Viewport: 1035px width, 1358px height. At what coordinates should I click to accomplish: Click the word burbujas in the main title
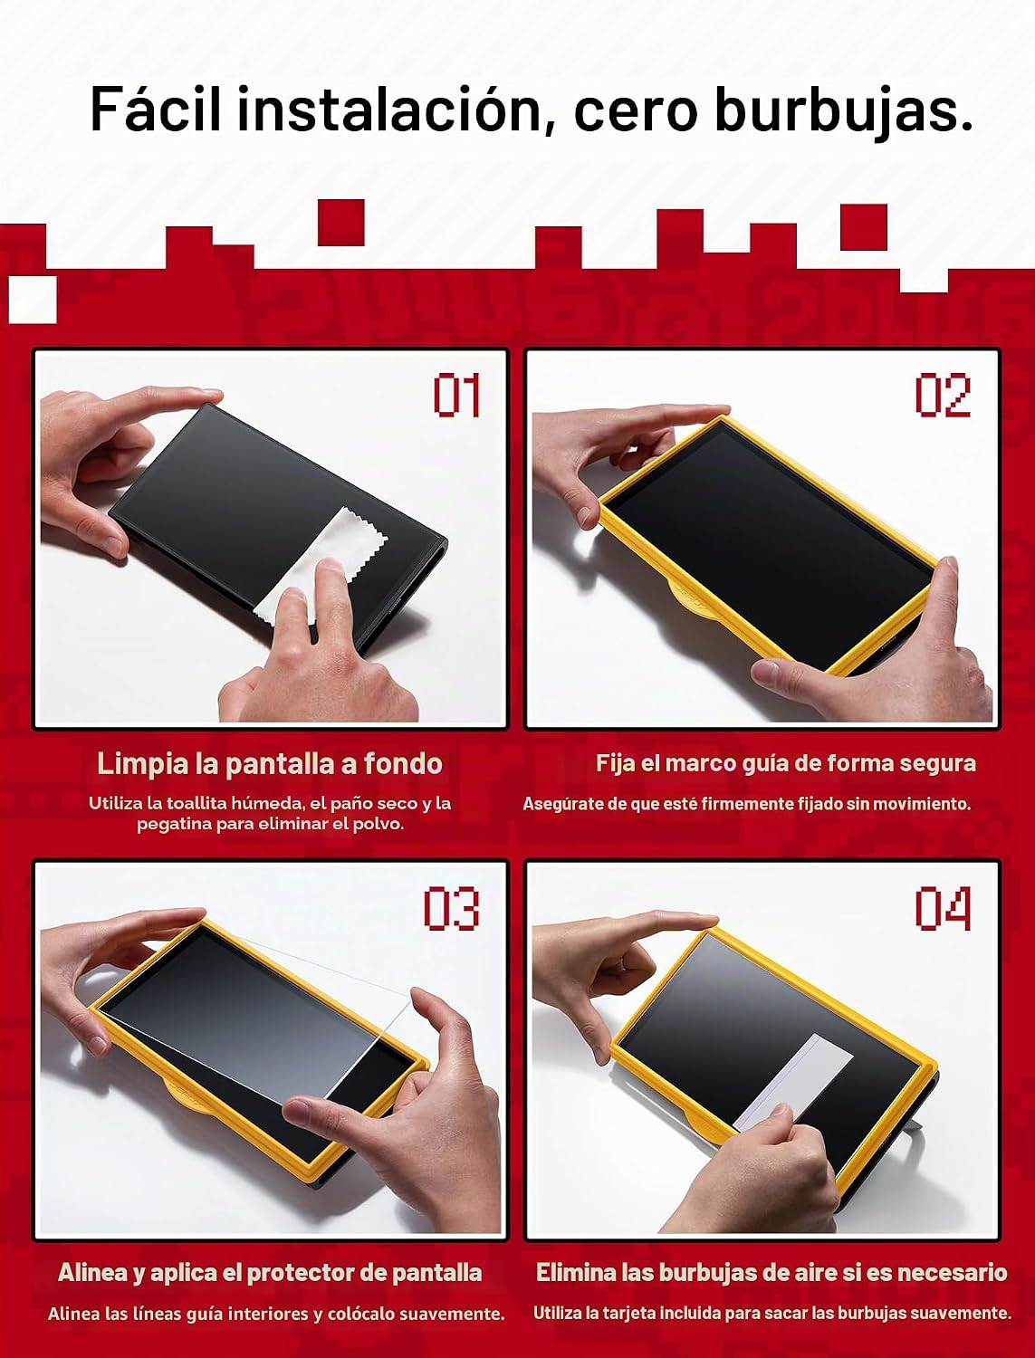tap(843, 111)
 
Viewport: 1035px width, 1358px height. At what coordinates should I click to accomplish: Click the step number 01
tap(456, 396)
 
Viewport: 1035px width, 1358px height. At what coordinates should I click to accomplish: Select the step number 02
tap(943, 396)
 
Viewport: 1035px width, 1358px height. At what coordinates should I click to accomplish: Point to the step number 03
tap(452, 908)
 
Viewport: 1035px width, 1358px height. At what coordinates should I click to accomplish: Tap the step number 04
tap(943, 908)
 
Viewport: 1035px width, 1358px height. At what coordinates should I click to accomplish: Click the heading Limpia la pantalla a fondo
tap(270, 764)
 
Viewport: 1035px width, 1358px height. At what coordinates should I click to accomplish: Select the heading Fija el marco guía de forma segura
tap(786, 763)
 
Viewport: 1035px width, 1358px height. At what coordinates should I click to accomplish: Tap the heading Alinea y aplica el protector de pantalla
tap(270, 1273)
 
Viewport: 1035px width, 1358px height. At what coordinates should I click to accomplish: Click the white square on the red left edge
tap(33, 300)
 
